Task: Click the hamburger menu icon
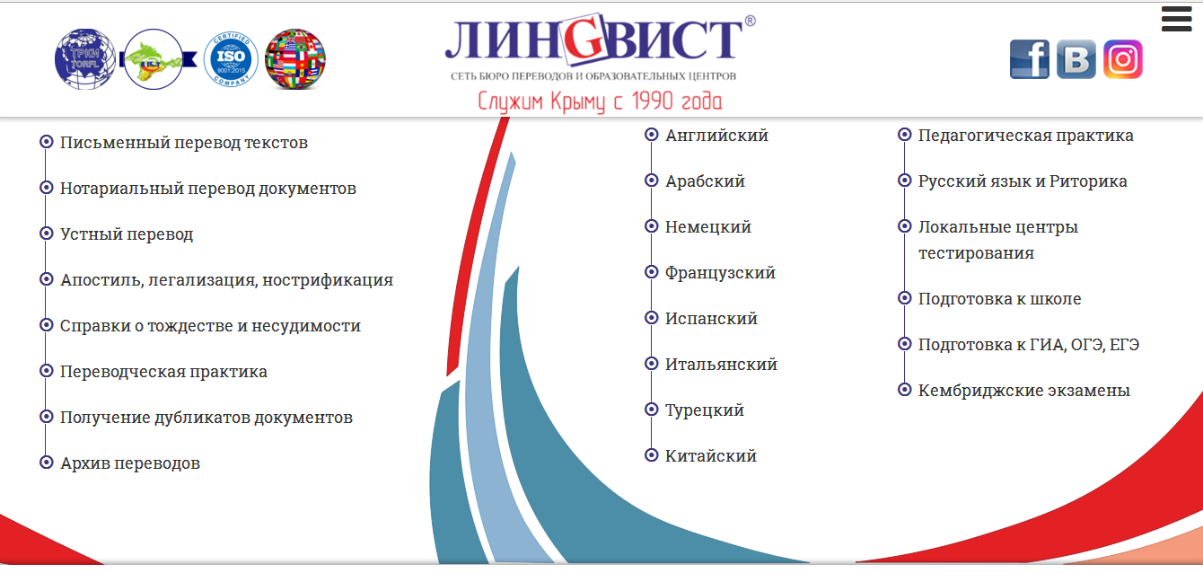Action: (x=1176, y=20)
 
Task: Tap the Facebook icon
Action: (x=1029, y=59)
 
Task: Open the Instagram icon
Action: (x=1123, y=59)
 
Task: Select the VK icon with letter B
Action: (x=1076, y=59)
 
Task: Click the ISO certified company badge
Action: (x=231, y=59)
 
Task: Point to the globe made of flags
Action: (x=294, y=59)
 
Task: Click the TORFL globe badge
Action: (x=85, y=59)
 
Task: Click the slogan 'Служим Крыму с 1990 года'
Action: (x=600, y=101)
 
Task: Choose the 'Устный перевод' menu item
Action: (x=127, y=234)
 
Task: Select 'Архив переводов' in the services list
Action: (x=130, y=463)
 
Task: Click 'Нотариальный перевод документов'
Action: (x=208, y=189)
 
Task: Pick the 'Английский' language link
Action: (x=717, y=136)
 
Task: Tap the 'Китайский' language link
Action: (x=711, y=456)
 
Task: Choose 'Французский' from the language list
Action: (x=721, y=273)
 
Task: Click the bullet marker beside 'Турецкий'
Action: (x=652, y=410)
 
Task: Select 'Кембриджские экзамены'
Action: (x=1024, y=391)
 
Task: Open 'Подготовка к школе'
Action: (x=1000, y=298)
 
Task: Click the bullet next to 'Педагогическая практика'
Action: (x=904, y=135)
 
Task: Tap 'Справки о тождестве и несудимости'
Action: (x=210, y=326)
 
